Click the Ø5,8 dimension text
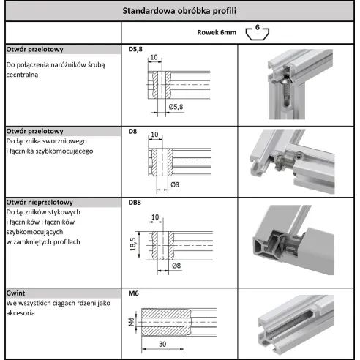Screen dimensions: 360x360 177,108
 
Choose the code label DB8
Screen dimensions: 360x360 135,202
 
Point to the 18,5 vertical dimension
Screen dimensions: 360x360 132,244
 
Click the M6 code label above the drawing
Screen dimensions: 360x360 133,293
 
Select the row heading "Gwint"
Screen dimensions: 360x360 18,293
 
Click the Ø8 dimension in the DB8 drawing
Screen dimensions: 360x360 176,265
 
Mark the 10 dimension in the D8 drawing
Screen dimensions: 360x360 154,135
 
